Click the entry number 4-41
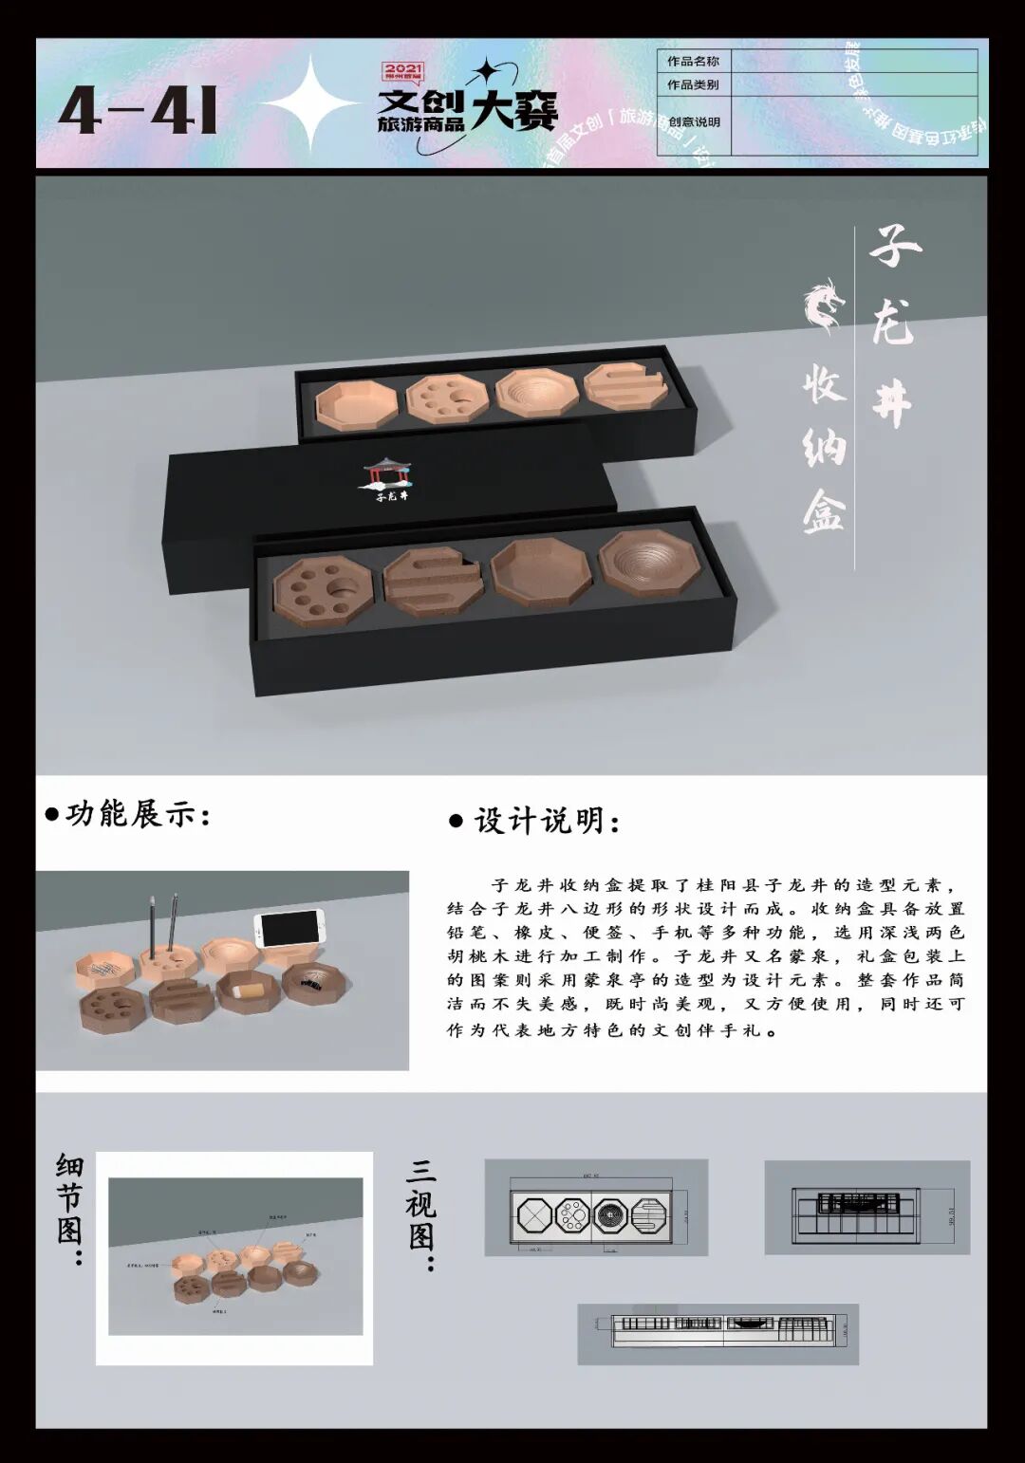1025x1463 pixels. [x=139, y=110]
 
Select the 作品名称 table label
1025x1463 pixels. [x=693, y=62]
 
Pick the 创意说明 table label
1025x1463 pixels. [x=694, y=122]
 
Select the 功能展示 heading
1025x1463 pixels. [x=130, y=814]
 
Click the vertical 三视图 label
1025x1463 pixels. [x=420, y=1213]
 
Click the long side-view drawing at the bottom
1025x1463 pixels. [x=717, y=1333]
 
